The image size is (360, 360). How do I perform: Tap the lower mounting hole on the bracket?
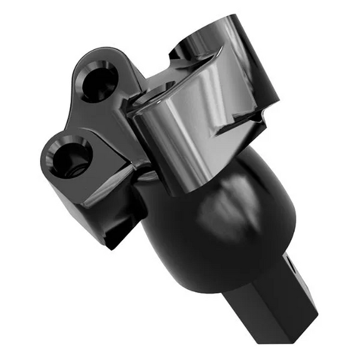pos(69,156)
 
